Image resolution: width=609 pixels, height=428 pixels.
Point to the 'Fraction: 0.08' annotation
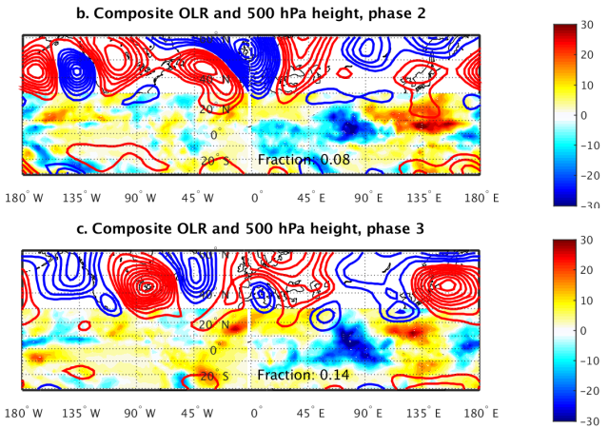(304, 160)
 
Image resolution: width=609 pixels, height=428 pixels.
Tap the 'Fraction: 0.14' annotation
(304, 375)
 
